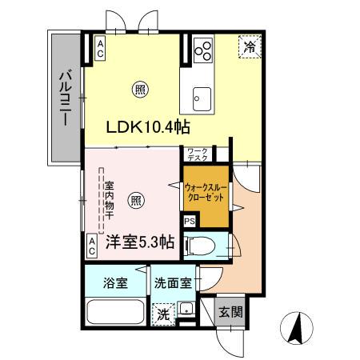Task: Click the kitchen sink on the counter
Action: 198,100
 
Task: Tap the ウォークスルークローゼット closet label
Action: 206,192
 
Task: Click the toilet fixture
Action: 200,245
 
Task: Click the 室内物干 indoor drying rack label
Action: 110,200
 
